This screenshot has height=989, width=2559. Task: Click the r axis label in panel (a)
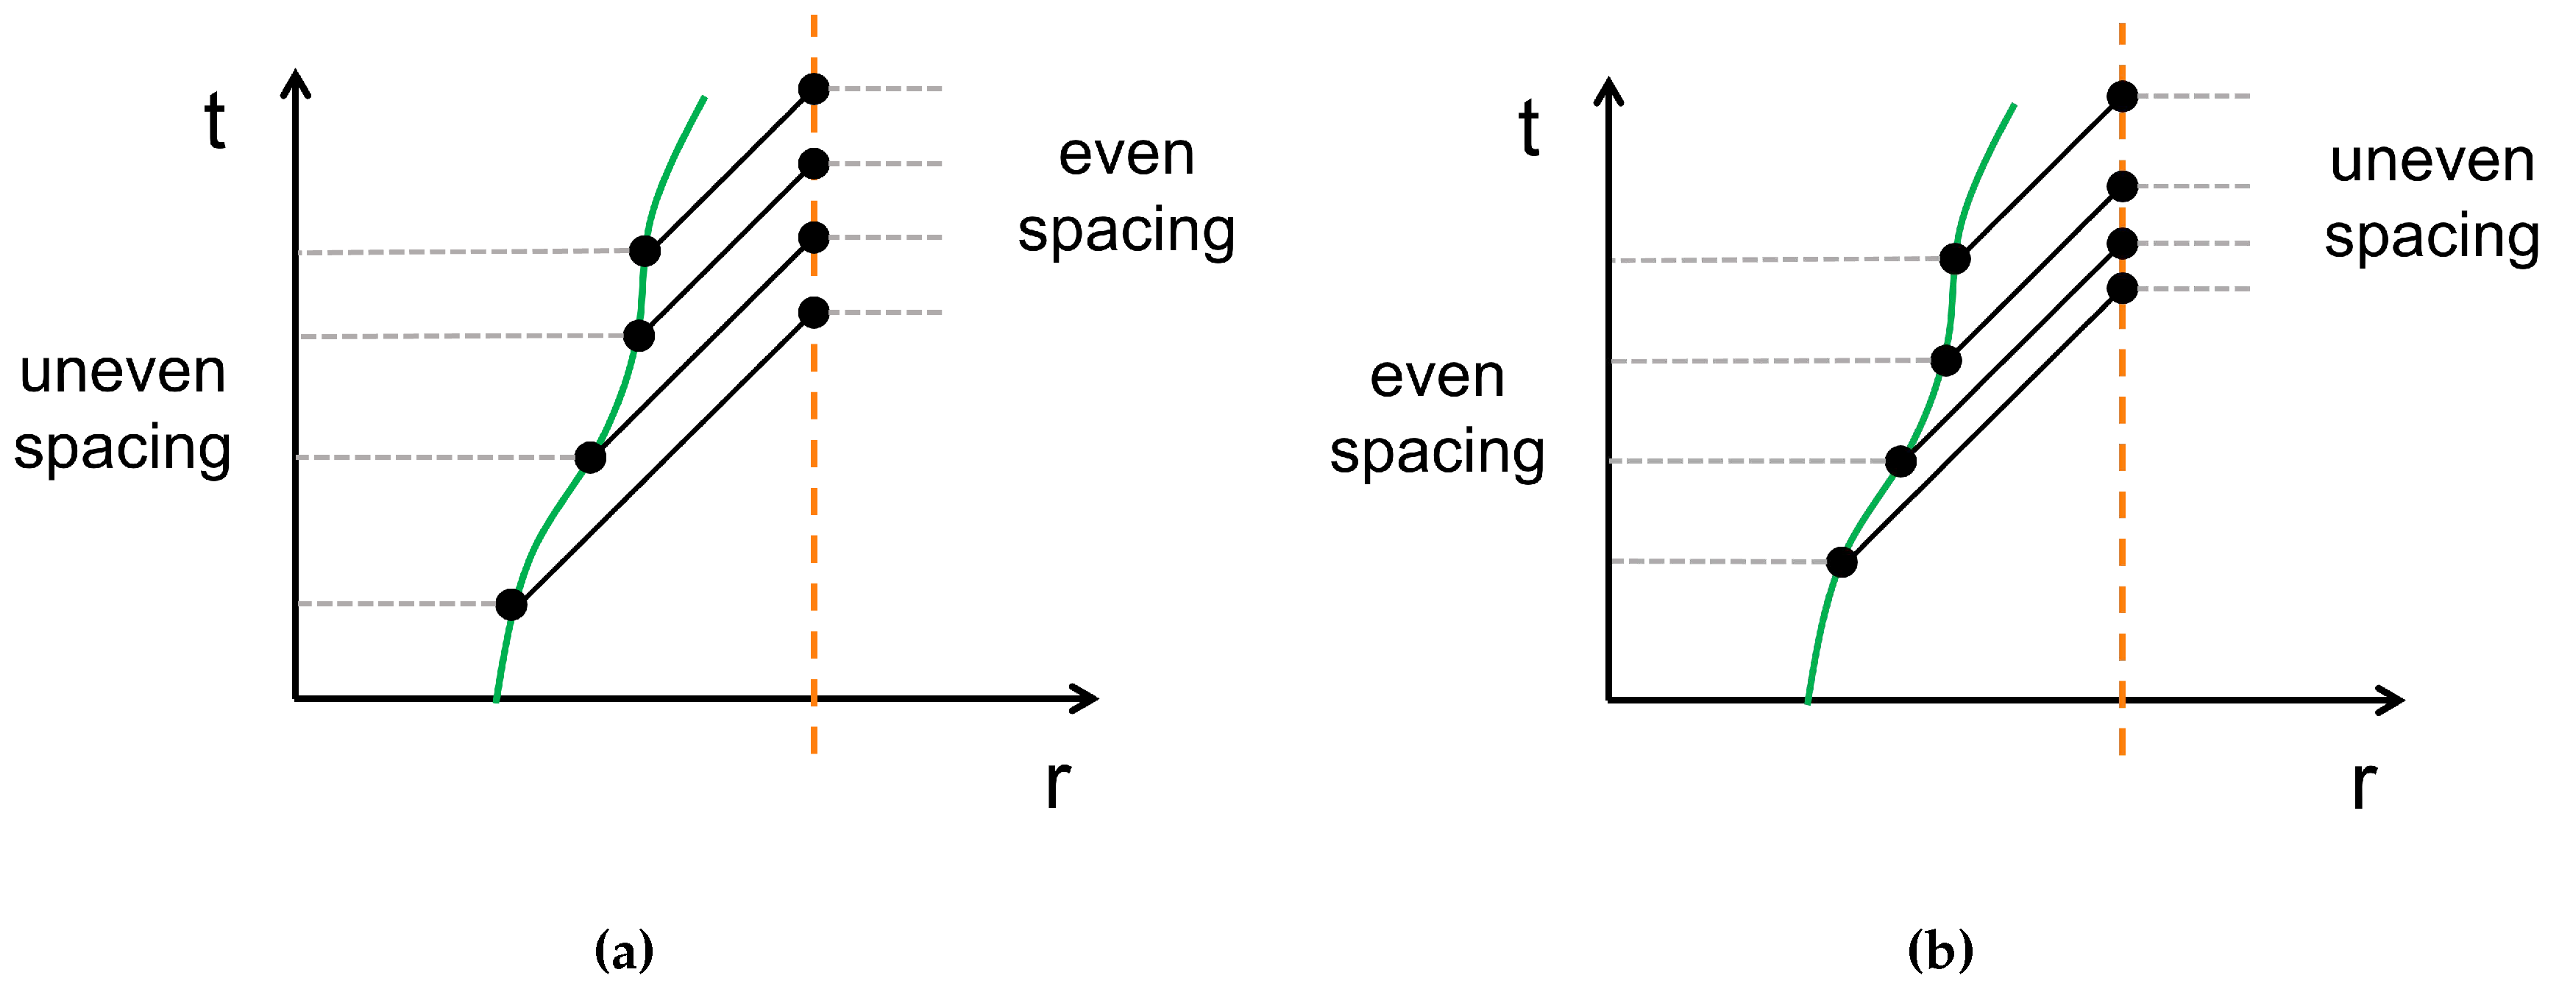pyautogui.click(x=1057, y=783)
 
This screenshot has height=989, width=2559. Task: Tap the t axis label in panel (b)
pyautogui.click(x=1529, y=128)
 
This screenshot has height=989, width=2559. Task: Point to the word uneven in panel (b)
pyautogui.click(x=2432, y=161)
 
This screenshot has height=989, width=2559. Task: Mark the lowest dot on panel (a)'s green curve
pyautogui.click(x=511, y=603)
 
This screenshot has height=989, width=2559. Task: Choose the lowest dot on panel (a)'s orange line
pyautogui.click(x=814, y=312)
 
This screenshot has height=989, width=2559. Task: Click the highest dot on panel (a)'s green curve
pyautogui.click(x=645, y=250)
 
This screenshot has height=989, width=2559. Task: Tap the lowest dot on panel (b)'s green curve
pyautogui.click(x=1842, y=561)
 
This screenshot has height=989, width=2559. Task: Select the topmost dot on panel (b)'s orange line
pyautogui.click(x=2122, y=96)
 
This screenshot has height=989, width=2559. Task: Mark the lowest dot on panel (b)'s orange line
pyautogui.click(x=2122, y=288)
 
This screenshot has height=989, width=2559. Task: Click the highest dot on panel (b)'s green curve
pyautogui.click(x=1955, y=258)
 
